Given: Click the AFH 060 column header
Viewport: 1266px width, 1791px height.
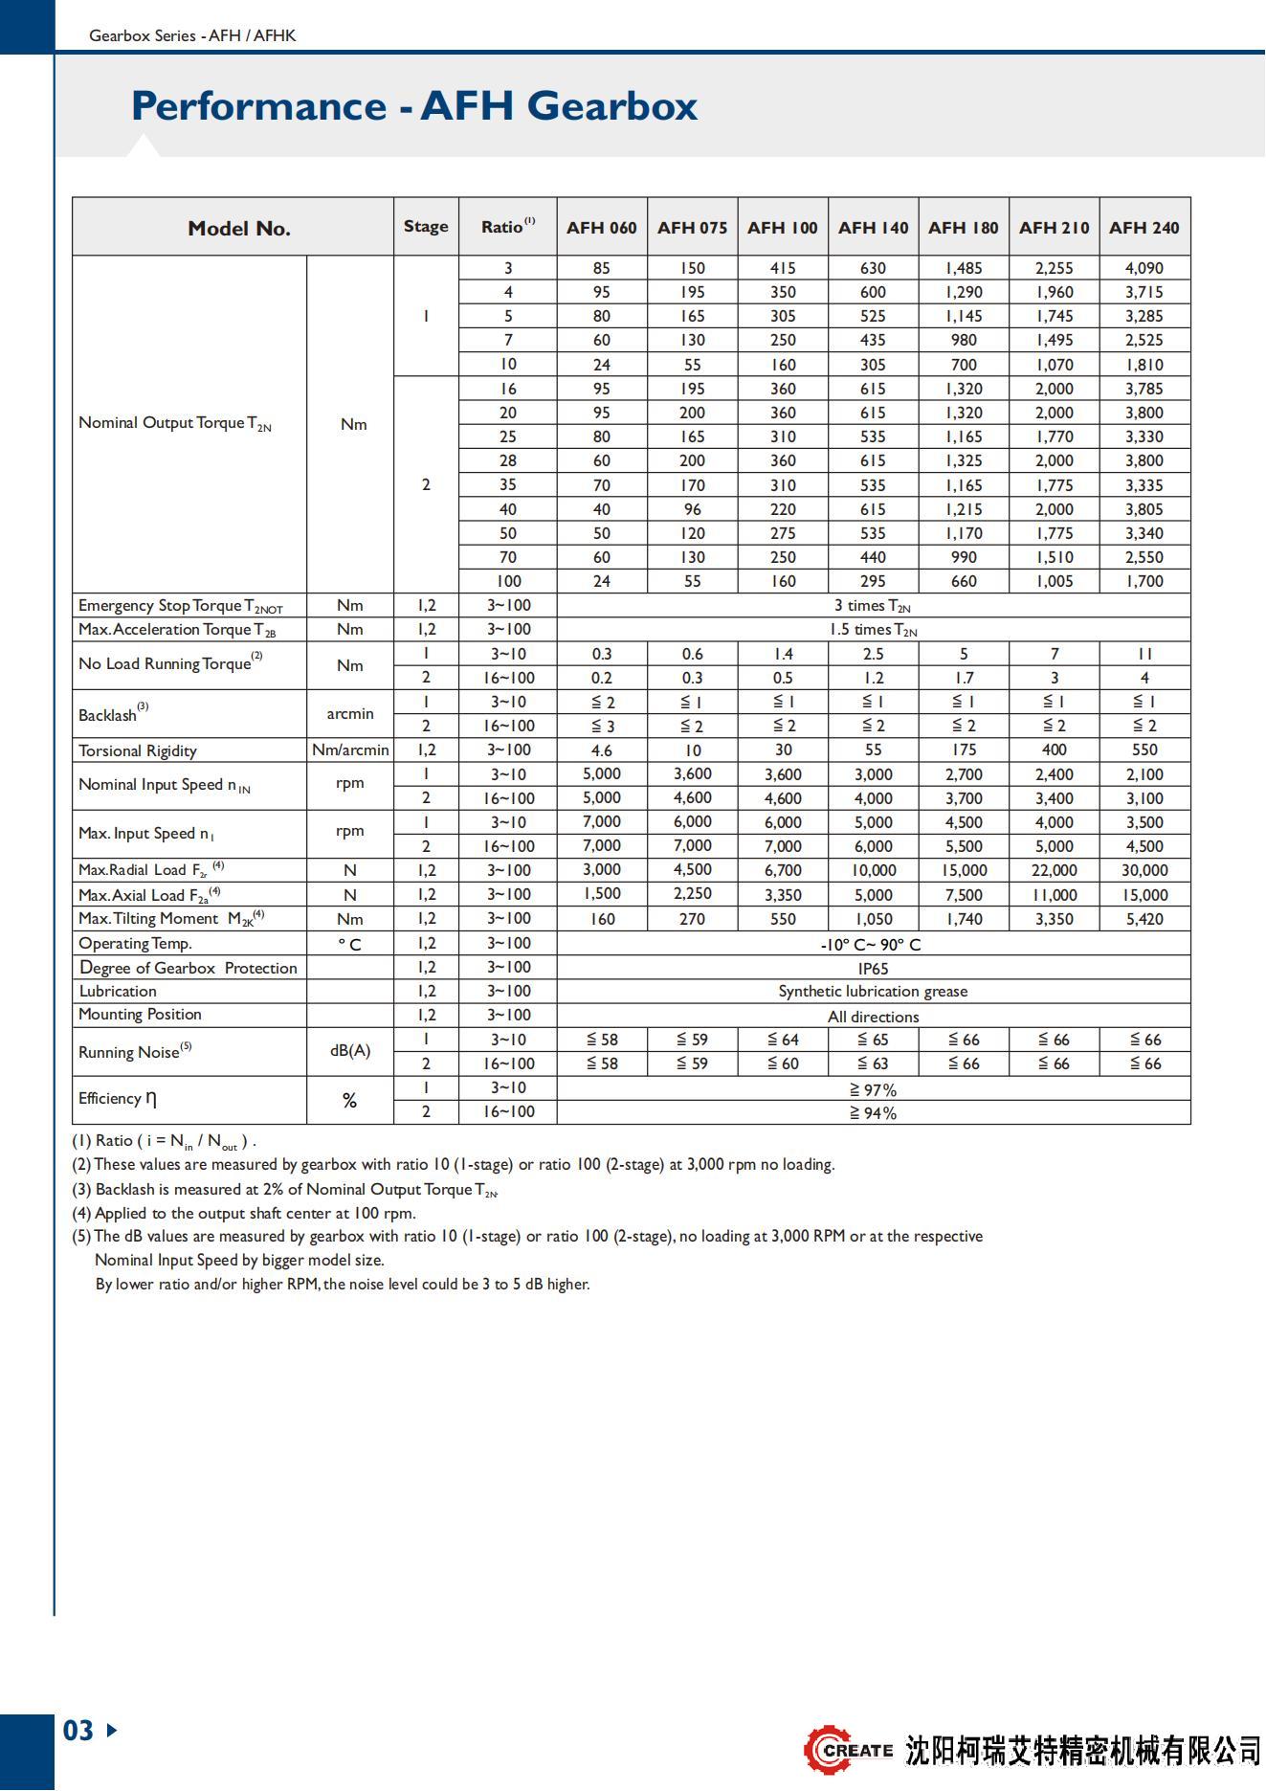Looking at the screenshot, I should click(601, 228).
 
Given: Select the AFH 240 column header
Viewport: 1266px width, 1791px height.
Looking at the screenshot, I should click(1144, 228).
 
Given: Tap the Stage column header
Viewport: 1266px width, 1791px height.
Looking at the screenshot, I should click(426, 227).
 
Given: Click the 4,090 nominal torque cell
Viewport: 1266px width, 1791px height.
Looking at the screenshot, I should click(1144, 268).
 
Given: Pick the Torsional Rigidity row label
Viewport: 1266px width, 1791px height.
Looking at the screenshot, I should click(138, 750).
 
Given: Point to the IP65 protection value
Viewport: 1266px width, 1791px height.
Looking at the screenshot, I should click(873, 968).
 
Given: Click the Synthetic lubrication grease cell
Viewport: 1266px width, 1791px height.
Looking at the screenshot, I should click(873, 992).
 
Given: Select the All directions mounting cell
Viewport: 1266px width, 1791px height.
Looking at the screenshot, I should click(873, 1017).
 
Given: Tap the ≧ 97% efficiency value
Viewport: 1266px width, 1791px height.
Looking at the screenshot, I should click(873, 1089).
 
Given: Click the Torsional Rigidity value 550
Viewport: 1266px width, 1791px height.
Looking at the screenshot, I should click(1144, 750).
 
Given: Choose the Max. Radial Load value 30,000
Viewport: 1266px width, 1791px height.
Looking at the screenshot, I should click(1144, 870).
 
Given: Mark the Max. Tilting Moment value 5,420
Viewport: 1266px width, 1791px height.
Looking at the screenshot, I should click(1144, 919).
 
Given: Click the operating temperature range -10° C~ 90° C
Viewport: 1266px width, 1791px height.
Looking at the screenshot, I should click(873, 944).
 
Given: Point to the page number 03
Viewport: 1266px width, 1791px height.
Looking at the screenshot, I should click(78, 1731).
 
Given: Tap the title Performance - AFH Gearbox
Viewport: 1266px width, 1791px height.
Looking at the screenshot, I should click(414, 105).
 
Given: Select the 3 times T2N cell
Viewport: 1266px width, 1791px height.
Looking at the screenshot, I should click(873, 605).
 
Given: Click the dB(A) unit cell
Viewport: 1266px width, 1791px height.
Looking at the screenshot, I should click(350, 1051).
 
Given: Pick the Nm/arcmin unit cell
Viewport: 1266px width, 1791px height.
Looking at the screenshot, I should click(350, 750).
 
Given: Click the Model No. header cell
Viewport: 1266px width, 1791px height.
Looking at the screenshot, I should click(238, 228).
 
